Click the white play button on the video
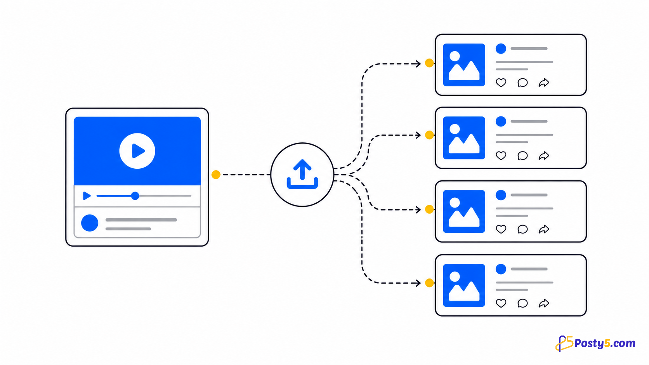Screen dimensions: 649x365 137,151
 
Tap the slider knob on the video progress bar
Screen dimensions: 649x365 135,196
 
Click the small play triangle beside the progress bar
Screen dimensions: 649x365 87,196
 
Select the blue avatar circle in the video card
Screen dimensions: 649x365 90,223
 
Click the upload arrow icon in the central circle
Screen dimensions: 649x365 302,174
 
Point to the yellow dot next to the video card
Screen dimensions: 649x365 216,175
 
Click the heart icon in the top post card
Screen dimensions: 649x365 501,83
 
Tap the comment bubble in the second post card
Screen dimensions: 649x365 523,156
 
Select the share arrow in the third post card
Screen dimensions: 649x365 544,229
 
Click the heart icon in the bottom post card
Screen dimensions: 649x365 501,303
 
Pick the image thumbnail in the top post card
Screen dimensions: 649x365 464,65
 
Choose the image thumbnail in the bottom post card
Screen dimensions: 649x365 464,285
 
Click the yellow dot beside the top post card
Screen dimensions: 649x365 429,63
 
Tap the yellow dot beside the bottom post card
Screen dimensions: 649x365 429,283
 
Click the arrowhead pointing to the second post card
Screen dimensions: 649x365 418,135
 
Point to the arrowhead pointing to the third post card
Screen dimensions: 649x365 418,209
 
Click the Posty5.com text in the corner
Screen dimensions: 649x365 605,344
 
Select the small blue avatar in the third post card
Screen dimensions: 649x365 501,195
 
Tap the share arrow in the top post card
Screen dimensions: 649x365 544,83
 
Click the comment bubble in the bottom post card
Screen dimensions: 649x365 523,303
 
